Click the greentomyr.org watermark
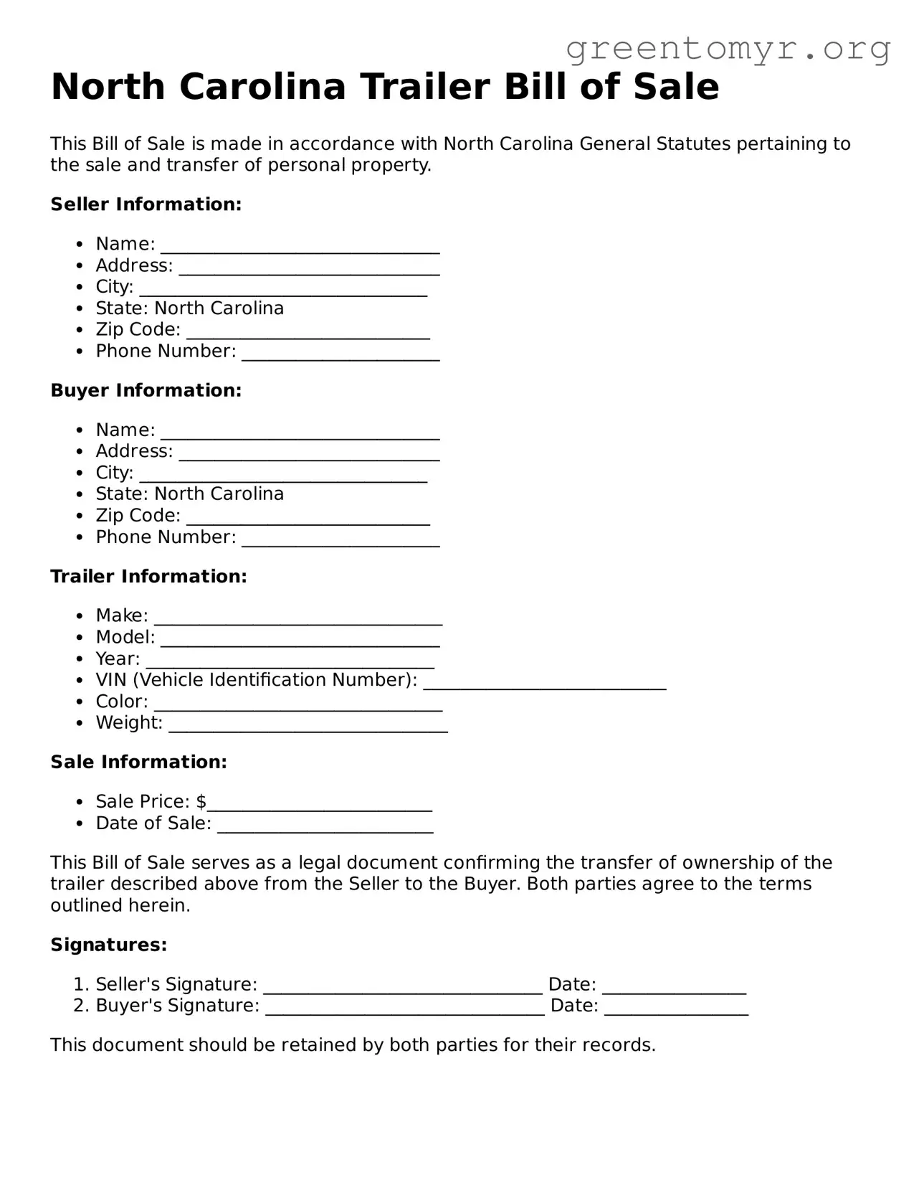coord(728,49)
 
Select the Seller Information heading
coord(146,204)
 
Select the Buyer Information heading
coord(146,390)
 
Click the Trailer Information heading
coord(148,577)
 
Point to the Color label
coord(121,702)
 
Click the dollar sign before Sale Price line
coord(201,802)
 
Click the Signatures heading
coord(109,945)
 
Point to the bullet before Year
coord(80,659)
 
